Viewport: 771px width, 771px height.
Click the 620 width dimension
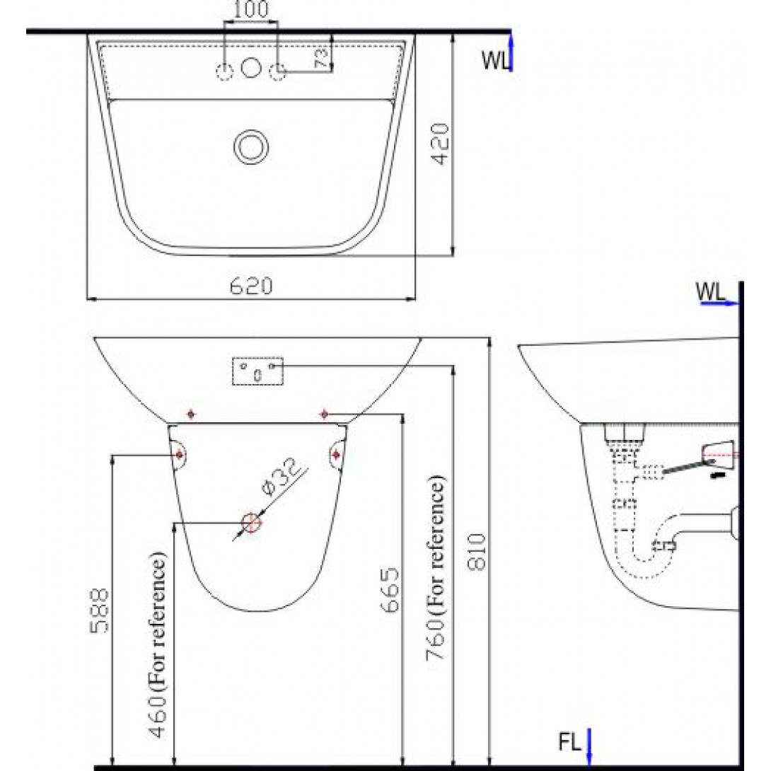pyautogui.click(x=250, y=286)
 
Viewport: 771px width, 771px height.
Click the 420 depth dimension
pyautogui.click(x=440, y=144)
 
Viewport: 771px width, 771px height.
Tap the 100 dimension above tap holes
pyautogui.click(x=250, y=10)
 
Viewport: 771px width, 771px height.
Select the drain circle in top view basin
pyautogui.click(x=250, y=146)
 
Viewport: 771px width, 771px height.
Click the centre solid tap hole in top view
pyautogui.click(x=250, y=68)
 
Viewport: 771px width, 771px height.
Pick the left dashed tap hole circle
pyautogui.click(x=225, y=71)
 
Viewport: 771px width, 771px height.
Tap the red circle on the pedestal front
pyautogui.click(x=251, y=523)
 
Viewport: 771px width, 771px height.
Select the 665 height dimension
pyautogui.click(x=390, y=591)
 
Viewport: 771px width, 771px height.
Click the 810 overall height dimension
pyautogui.click(x=479, y=552)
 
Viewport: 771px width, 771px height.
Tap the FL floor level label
pyautogui.click(x=569, y=743)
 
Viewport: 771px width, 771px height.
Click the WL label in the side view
pyautogui.click(x=709, y=291)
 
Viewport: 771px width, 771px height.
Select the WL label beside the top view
pyautogui.click(x=495, y=61)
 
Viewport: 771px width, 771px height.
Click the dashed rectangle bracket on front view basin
pyautogui.click(x=257, y=371)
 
